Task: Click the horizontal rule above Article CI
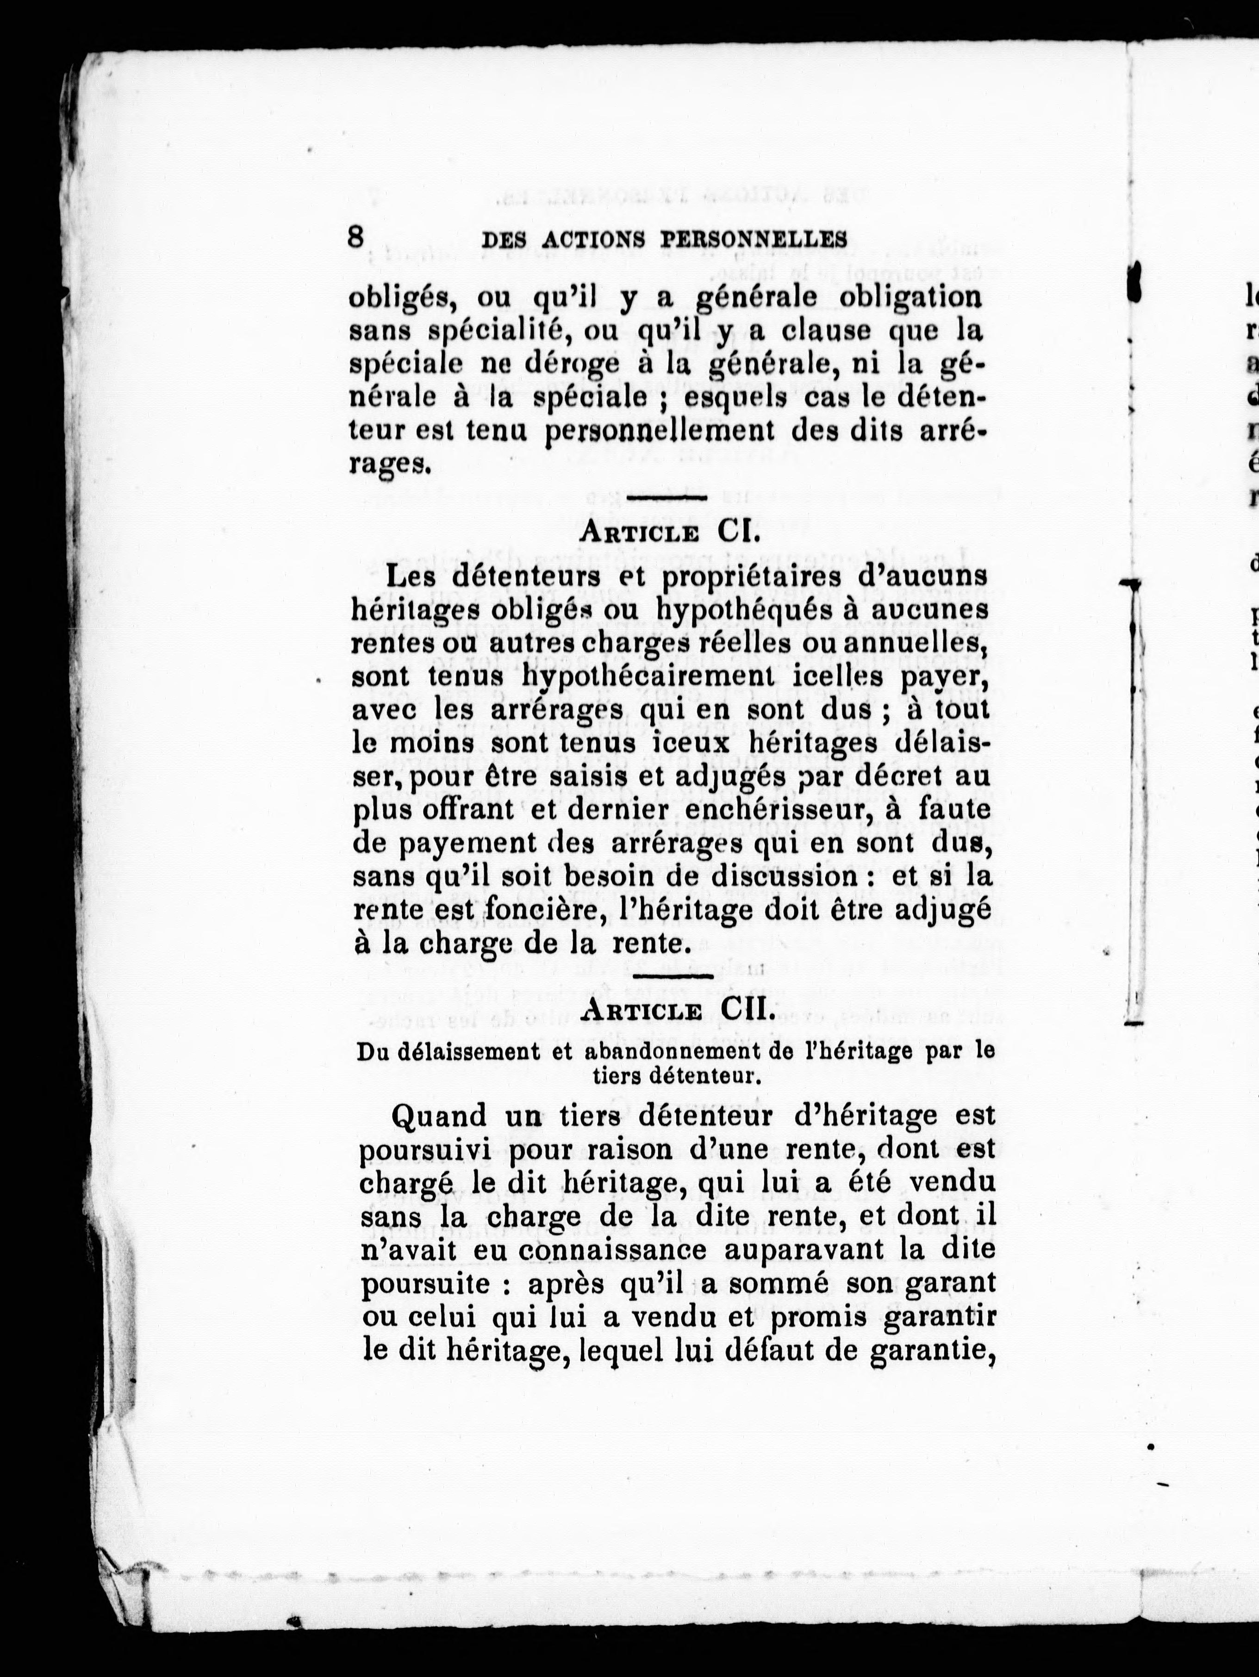coord(667,498)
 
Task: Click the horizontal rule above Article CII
coord(672,976)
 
